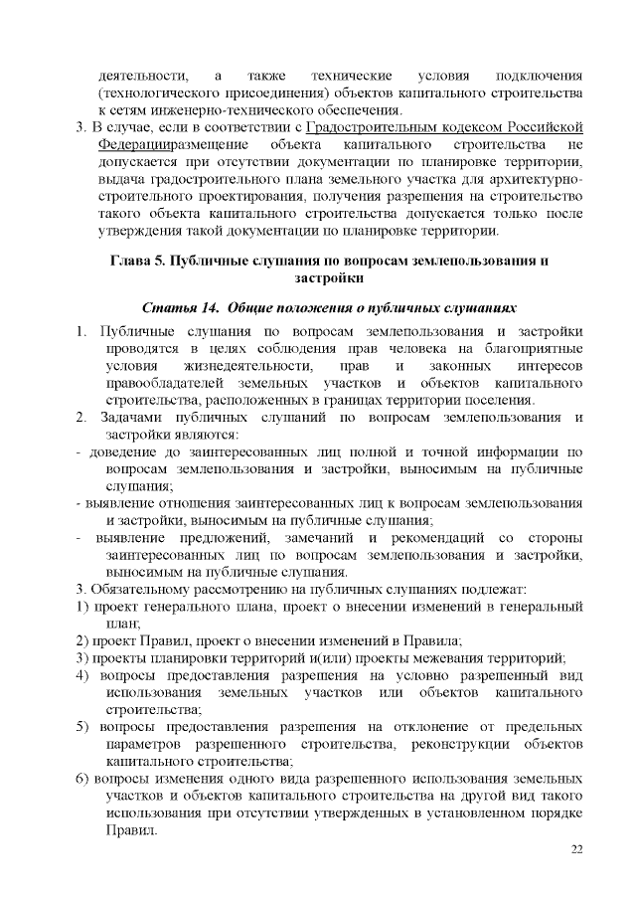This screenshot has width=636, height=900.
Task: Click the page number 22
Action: (576, 848)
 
